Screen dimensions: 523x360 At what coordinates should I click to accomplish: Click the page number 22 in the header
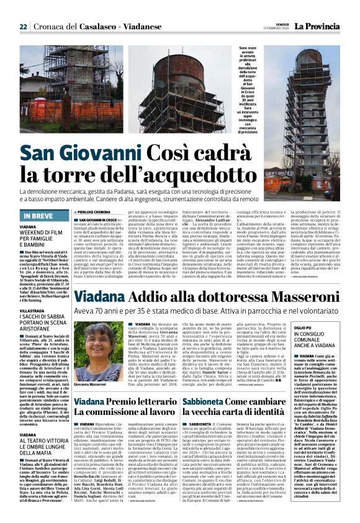click(23, 27)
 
